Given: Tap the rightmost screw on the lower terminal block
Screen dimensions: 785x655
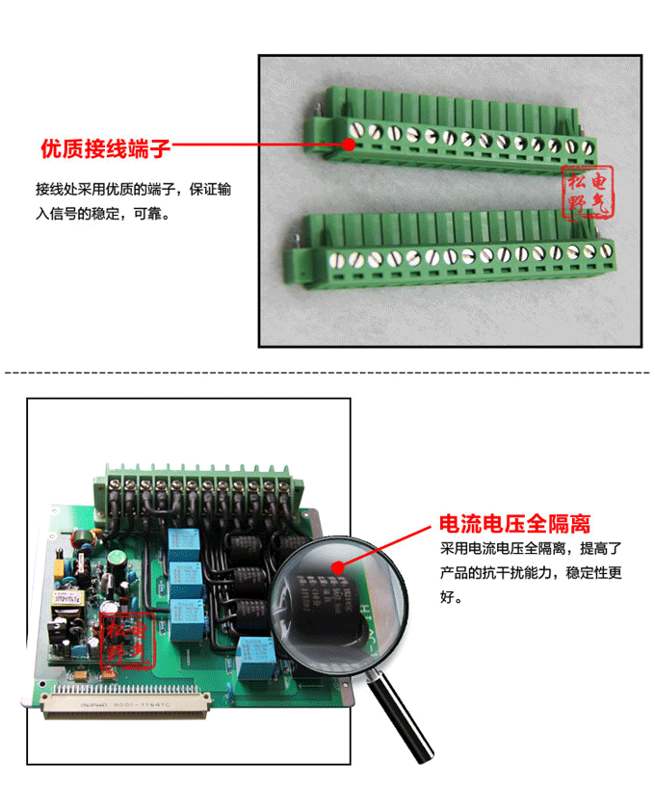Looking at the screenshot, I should click(x=606, y=251).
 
